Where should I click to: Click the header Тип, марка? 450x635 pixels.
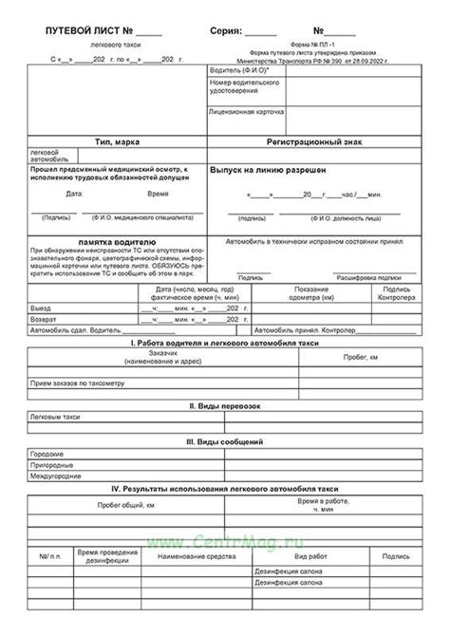coord(119,140)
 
